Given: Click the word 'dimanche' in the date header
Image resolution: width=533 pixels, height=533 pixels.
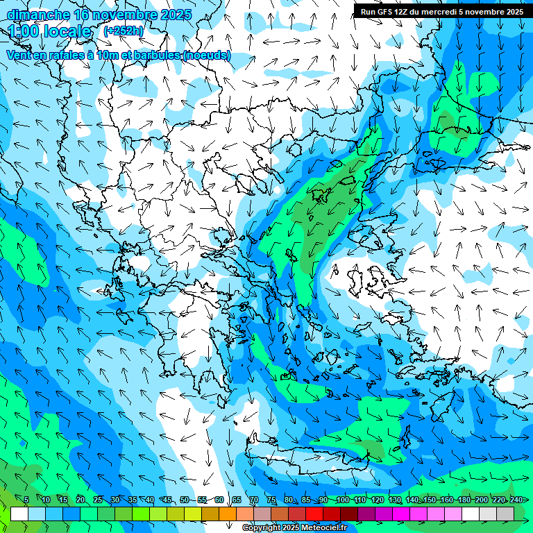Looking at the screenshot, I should click(37, 15).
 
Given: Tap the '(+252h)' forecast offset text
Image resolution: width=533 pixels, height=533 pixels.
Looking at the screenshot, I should click(124, 31).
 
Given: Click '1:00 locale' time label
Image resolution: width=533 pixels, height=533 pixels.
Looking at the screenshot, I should click(49, 31).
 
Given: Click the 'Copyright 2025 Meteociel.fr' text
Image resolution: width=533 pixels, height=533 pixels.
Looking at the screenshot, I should click(294, 528).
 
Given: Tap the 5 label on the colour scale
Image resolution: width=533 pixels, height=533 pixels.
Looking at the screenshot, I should click(26, 500).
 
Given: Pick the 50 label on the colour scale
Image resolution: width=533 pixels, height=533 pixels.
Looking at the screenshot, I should click(185, 500).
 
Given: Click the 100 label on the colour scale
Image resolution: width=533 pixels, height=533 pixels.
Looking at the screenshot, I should click(342, 500).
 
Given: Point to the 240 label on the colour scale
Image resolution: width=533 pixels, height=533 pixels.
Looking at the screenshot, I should click(516, 500).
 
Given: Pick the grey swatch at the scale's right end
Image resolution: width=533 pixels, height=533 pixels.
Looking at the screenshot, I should click(505, 514).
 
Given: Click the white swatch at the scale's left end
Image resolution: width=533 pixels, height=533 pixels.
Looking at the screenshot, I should click(19, 514).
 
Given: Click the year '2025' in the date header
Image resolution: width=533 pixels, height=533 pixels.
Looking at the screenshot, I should click(176, 15).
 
